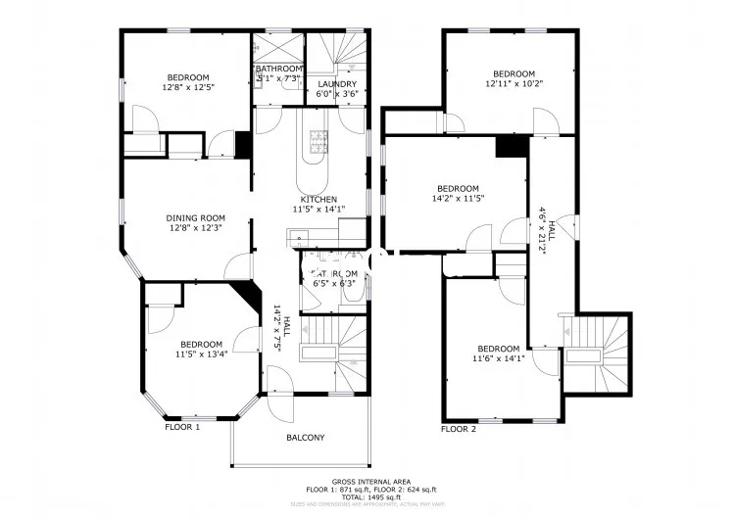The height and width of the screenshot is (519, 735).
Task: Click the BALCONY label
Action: click(306, 438)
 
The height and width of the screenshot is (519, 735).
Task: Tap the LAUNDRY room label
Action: click(337, 84)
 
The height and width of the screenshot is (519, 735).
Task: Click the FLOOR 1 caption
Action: click(182, 427)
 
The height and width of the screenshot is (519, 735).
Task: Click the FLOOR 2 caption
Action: click(459, 429)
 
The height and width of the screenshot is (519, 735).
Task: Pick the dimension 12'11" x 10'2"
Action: click(514, 84)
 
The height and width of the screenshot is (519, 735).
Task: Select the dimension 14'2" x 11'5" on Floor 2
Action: click(459, 199)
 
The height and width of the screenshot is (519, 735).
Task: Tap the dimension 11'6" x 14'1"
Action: click(499, 358)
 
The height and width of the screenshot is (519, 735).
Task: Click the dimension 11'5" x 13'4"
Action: click(203, 354)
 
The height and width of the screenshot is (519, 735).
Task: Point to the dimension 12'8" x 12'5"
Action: click(187, 87)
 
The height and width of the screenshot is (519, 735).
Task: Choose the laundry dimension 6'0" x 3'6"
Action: click(337, 95)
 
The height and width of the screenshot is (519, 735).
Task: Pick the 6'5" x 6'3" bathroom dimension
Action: click(333, 284)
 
